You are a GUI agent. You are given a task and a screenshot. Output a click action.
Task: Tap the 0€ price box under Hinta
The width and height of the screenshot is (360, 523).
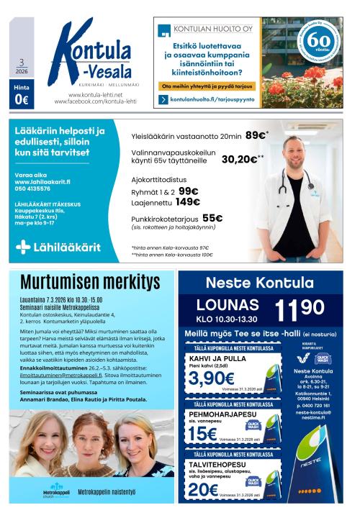pyautogui.click(x=21, y=100)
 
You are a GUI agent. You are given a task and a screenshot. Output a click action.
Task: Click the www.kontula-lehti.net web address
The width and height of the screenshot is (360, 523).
pyautogui.click(x=94, y=95)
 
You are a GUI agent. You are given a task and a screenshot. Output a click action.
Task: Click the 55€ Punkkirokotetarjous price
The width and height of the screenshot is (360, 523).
pyautogui.click(x=212, y=219)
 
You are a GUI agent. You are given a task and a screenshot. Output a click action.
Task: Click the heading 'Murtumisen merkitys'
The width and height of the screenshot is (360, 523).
pyautogui.click(x=90, y=282)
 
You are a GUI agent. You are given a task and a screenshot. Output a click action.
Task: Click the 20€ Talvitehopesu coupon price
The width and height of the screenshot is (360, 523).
pyautogui.click(x=203, y=489)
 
